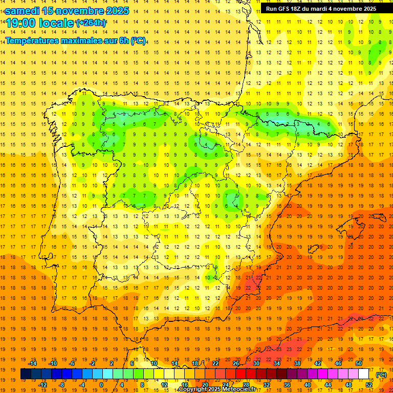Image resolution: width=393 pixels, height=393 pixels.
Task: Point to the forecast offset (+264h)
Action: coord(91,23)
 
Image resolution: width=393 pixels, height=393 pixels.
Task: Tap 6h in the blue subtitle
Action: coord(123,40)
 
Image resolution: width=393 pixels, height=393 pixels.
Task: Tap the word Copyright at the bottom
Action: coord(194,389)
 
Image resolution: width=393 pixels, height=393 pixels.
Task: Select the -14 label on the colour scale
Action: coord(32,363)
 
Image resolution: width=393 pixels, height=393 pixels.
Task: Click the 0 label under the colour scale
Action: coord(101,384)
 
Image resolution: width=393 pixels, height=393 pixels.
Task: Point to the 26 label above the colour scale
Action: coord(235,363)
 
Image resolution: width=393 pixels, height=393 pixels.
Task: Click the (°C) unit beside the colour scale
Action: coord(381,374)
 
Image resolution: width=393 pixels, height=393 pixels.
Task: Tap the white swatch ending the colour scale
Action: coord(364,374)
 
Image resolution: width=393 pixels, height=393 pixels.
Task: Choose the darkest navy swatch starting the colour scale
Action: coord(26,374)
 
